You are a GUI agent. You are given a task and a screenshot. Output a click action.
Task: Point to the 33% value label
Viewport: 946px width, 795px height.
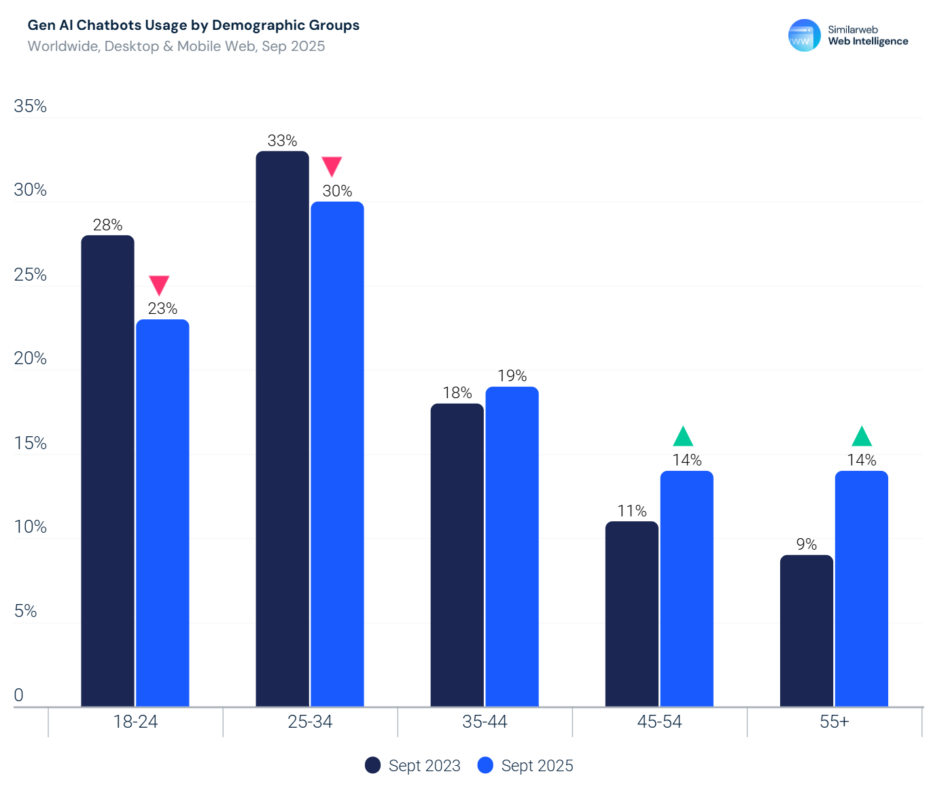point(282,141)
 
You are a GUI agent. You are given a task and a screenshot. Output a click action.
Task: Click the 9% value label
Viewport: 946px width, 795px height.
point(806,544)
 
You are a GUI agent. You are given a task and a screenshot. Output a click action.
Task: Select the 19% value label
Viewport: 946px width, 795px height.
point(512,376)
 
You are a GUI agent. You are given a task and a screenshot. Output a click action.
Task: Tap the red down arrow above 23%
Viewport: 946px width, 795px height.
point(159,285)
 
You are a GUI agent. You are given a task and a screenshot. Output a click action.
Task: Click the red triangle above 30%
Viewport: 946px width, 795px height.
point(332,166)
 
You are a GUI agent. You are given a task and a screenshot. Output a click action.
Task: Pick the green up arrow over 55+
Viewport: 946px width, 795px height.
point(861,437)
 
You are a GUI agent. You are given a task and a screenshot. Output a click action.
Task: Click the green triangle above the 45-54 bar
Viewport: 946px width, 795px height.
point(682,437)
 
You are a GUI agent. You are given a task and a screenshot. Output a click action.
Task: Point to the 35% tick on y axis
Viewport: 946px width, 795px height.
point(31,106)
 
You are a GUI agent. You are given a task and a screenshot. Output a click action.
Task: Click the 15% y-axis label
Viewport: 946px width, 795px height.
point(31,443)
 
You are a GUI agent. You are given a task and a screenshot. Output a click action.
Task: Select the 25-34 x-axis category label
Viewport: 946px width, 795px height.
point(310,722)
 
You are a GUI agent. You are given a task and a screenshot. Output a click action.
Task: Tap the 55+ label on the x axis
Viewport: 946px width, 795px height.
point(834,722)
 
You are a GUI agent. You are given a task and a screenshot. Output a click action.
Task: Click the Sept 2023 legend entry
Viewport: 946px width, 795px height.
point(413,766)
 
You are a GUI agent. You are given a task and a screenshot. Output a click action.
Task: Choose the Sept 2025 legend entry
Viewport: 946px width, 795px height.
point(525,766)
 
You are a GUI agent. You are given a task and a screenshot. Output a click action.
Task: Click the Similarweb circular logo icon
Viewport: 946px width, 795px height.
point(804,35)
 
